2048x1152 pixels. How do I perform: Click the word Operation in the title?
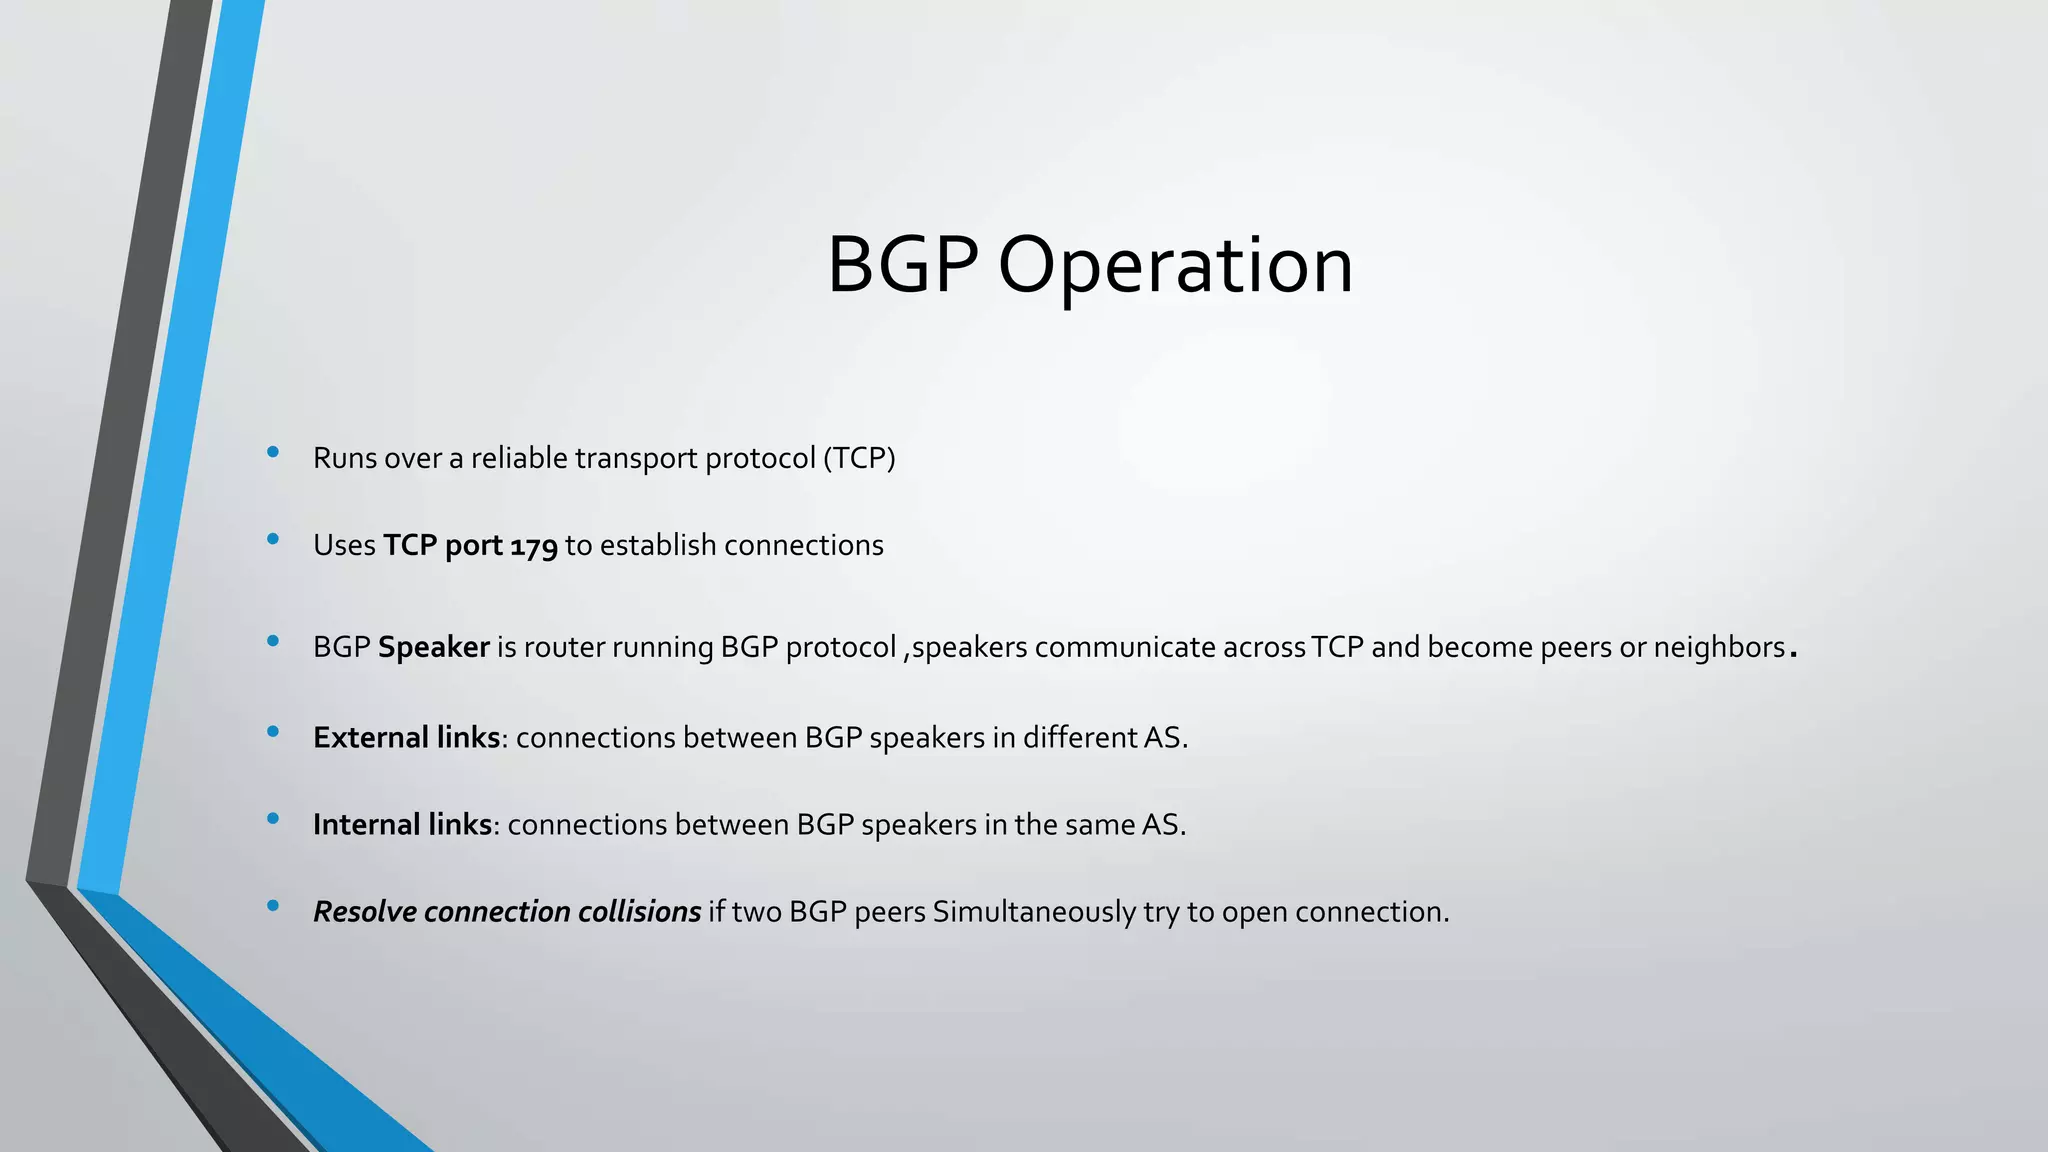tap(1175, 266)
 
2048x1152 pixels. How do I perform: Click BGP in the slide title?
tap(902, 266)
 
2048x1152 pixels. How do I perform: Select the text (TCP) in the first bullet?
tap(859, 458)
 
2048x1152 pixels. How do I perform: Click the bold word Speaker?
tap(433, 648)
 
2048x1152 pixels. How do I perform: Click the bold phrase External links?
tap(406, 738)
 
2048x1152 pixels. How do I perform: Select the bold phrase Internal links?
tap(402, 825)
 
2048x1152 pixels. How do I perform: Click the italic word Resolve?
tap(364, 912)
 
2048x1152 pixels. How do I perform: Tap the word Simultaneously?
tap(1052, 912)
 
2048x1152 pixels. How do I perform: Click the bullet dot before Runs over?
tap(273, 453)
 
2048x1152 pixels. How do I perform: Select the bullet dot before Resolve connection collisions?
tap(273, 907)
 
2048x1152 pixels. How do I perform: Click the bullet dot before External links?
tap(273, 733)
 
